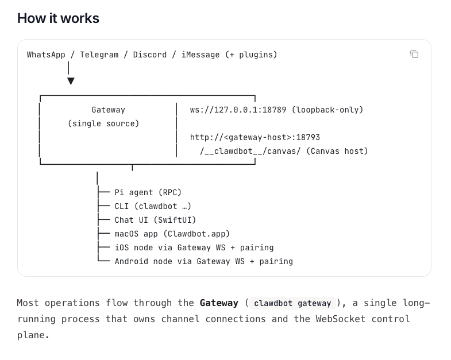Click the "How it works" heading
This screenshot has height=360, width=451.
coord(58,18)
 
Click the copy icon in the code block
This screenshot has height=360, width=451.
coord(414,54)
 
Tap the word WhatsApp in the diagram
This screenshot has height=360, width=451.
coord(46,55)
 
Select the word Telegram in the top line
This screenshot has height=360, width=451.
coord(99,55)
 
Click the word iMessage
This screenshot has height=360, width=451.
coord(200,55)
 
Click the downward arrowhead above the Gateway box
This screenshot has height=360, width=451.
coord(70,81)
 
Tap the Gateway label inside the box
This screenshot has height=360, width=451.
coord(108,110)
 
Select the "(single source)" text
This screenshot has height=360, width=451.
coord(103,123)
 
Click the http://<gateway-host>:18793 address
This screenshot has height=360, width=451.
coord(255,137)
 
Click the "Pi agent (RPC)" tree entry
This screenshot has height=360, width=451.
coord(148,192)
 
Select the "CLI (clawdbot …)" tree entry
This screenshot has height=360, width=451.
coord(152,206)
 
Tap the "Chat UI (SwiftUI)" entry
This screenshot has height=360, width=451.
coord(155,220)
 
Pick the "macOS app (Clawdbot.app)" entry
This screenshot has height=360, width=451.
coord(172,234)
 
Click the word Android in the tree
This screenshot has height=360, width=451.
coord(132,261)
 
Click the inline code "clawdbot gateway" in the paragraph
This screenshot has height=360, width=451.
coord(292,303)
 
